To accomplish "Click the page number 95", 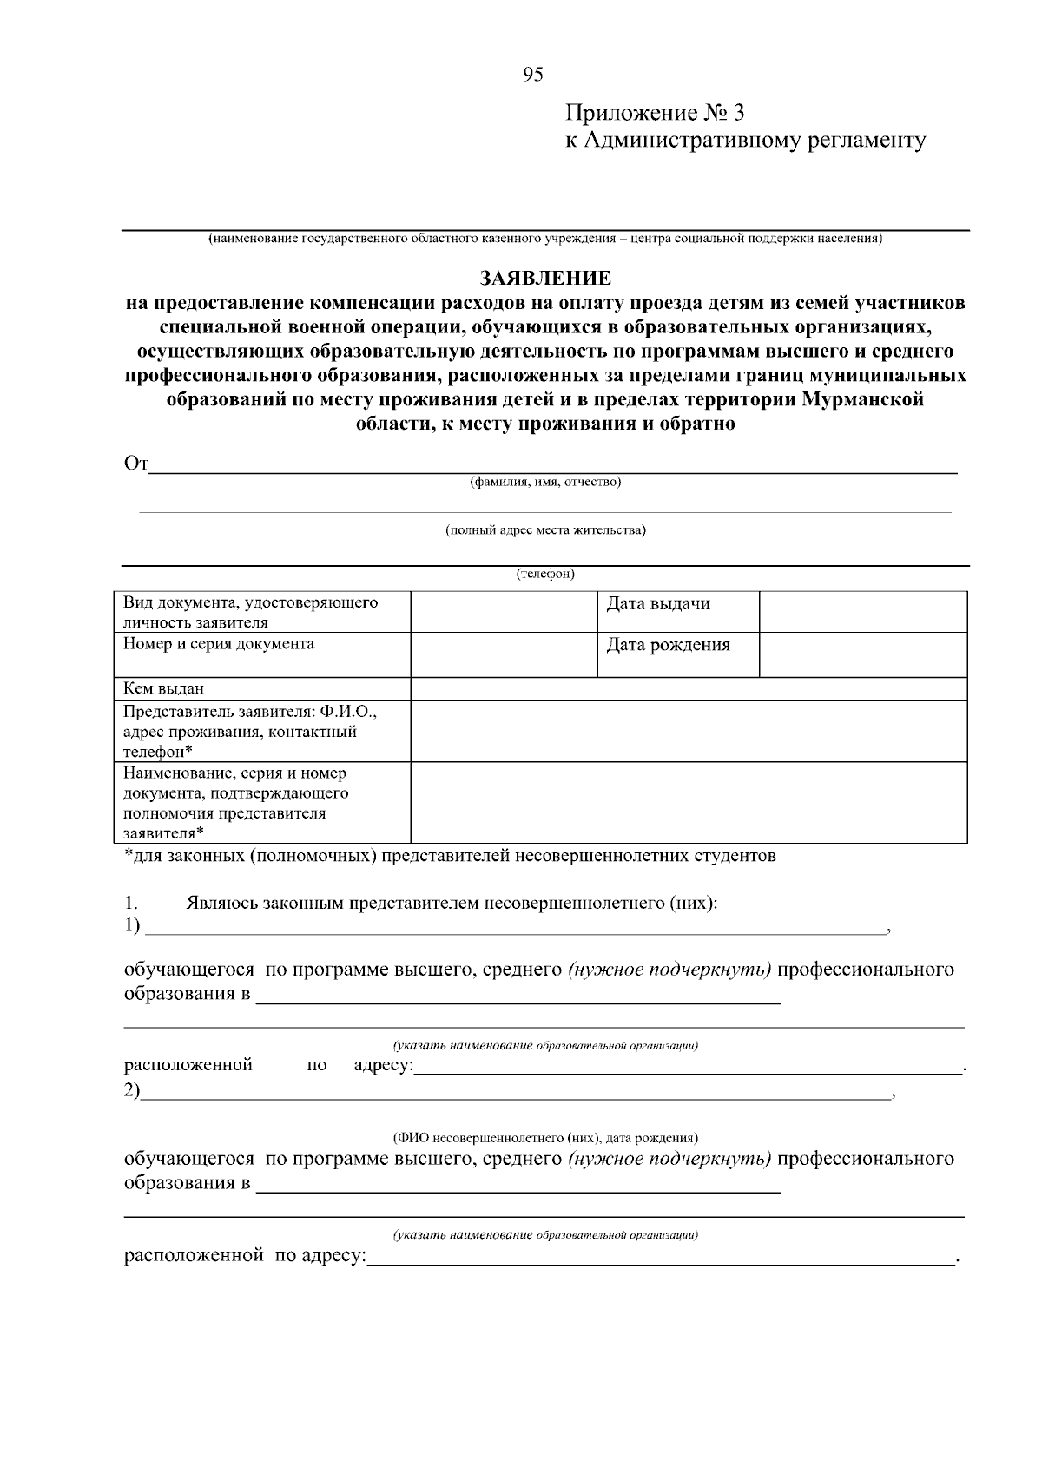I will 532,76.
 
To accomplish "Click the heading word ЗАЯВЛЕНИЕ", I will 545,279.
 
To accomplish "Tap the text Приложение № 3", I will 655,114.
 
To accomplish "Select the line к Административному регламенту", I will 745,141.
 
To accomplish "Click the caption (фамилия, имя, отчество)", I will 544,483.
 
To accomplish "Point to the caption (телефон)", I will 544,575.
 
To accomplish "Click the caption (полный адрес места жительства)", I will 544,530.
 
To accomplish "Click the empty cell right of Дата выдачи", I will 862,612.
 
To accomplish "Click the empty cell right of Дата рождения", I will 862,654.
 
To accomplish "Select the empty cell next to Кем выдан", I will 688,689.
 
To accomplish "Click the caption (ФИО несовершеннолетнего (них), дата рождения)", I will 544,1138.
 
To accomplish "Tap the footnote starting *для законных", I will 450,857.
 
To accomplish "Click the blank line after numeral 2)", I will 516,1092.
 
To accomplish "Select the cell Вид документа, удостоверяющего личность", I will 260,612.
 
